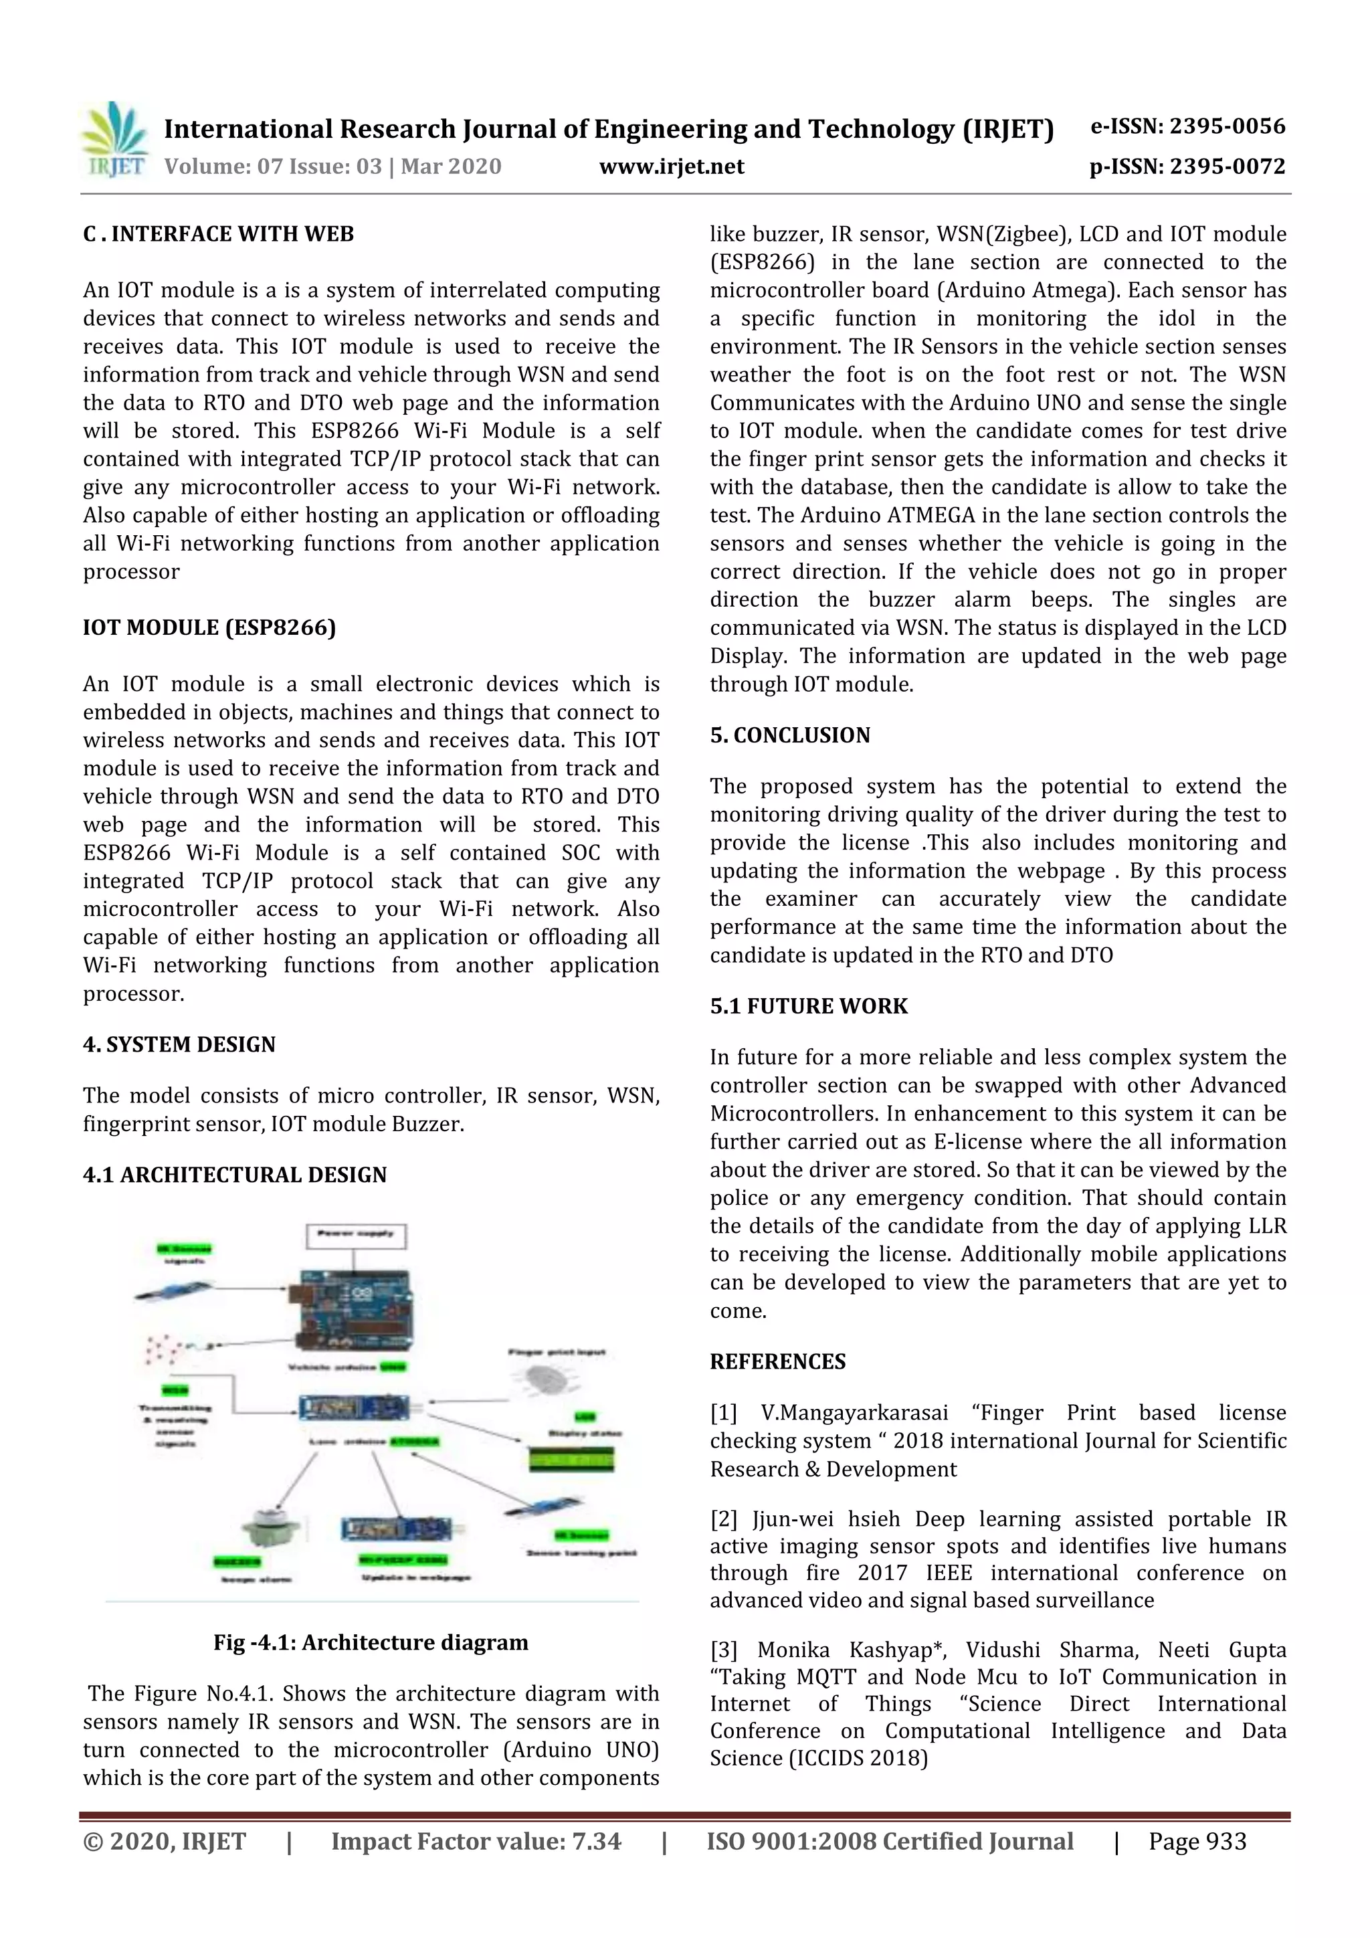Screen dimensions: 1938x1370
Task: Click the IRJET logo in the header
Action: coord(114,140)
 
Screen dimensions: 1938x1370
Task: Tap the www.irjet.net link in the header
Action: coord(671,167)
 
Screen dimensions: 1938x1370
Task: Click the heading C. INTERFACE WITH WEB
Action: coord(218,234)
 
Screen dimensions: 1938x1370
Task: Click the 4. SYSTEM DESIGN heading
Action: coord(179,1044)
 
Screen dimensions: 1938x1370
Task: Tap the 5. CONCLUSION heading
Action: coord(789,735)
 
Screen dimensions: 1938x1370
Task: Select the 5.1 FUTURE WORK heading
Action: coord(808,1006)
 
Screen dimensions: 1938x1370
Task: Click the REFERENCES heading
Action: coord(777,1361)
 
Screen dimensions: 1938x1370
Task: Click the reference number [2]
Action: coord(723,1519)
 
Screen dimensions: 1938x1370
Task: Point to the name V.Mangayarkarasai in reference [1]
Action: coord(854,1412)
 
